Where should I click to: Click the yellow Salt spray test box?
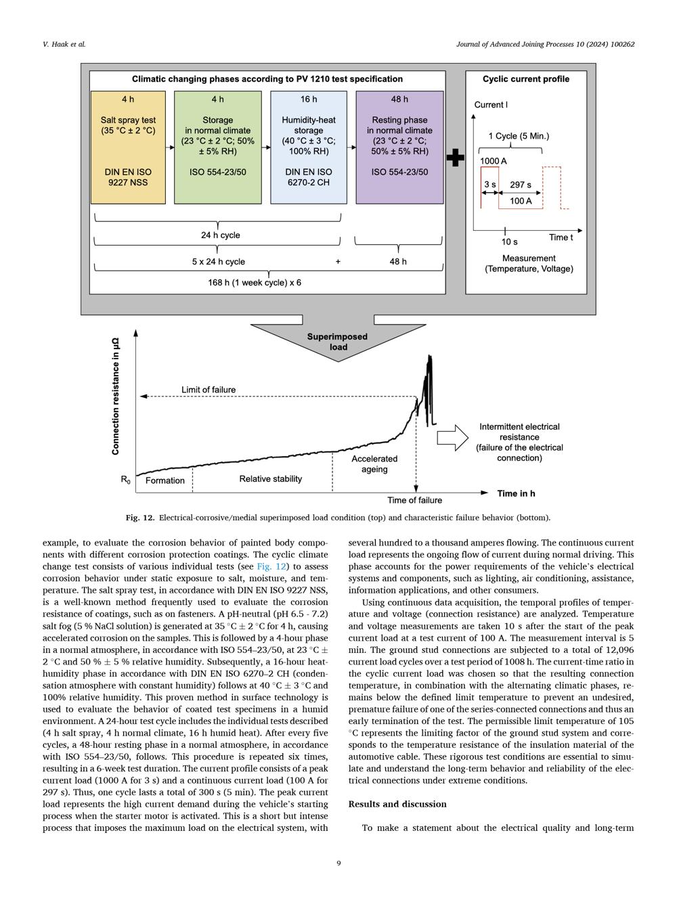pyautogui.click(x=128, y=148)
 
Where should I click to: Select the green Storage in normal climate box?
pyautogui.click(x=217, y=148)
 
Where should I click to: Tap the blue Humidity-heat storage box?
pyautogui.click(x=309, y=148)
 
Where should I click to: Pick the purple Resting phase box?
pyautogui.click(x=399, y=148)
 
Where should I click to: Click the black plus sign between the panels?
pyautogui.click(x=455, y=158)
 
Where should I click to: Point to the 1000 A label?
pyautogui.click(x=493, y=161)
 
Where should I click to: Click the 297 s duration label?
pyautogui.click(x=520, y=185)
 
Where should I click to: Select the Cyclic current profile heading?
pyautogui.click(x=525, y=79)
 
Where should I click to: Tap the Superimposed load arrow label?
pyautogui.click(x=337, y=342)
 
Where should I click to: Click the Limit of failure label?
pyautogui.click(x=209, y=390)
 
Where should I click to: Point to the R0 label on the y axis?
pyautogui.click(x=125, y=480)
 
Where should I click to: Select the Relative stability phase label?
pyautogui.click(x=270, y=479)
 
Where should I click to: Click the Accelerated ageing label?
pyautogui.click(x=374, y=464)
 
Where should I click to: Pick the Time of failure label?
pyautogui.click(x=414, y=501)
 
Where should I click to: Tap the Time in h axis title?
pyautogui.click(x=516, y=493)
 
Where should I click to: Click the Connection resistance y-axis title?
pyautogui.click(x=115, y=397)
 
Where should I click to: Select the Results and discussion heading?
pyautogui.click(x=397, y=804)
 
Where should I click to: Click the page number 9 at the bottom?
pyautogui.click(x=338, y=863)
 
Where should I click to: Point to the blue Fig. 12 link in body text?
pyautogui.click(x=271, y=566)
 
